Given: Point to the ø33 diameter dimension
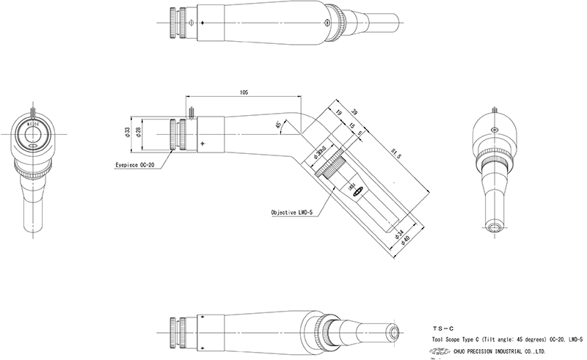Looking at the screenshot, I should tap(128, 131).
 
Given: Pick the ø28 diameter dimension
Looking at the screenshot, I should tap(138, 131).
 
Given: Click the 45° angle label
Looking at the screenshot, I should tap(278, 125).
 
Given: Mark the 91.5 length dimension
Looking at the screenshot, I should tap(397, 155).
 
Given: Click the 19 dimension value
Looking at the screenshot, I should tap(339, 114).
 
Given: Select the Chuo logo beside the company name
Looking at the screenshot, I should tap(441, 351).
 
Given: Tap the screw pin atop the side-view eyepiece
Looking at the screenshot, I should tap(189, 113).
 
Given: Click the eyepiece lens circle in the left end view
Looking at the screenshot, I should tap(34, 133).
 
